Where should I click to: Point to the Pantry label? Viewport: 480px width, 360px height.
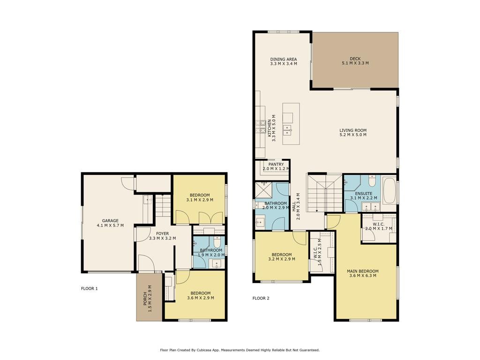pyautogui.click(x=276, y=165)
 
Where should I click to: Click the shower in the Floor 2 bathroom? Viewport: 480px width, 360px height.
pyautogui.click(x=263, y=190)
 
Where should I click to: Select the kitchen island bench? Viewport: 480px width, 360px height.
pyautogui.click(x=291, y=124)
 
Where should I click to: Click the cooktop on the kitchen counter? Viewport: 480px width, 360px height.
pyautogui.click(x=261, y=127)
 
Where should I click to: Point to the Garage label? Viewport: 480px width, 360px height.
pyautogui.click(x=110, y=221)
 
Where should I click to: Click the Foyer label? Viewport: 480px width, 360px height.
pyautogui.click(x=162, y=233)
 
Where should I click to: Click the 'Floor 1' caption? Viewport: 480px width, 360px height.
pyautogui.click(x=90, y=288)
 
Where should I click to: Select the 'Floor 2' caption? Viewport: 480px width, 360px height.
pyautogui.click(x=261, y=298)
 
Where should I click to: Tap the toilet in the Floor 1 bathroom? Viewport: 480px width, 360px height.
pyautogui.click(x=217, y=242)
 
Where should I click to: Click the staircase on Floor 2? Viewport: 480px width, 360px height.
pyautogui.click(x=324, y=193)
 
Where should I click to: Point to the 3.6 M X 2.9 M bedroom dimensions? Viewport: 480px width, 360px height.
pyautogui.click(x=201, y=298)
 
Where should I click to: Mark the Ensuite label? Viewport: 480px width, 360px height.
pyautogui.click(x=364, y=194)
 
